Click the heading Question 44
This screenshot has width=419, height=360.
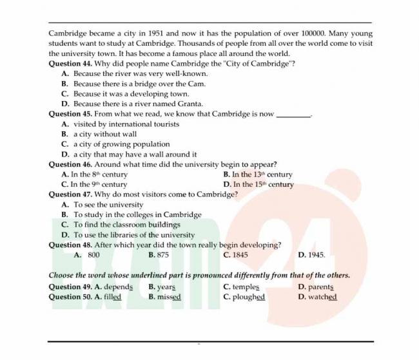click(70, 64)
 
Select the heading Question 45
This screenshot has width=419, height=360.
click(70, 114)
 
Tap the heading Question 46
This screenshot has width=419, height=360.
click(70, 164)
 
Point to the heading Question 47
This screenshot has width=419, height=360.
click(70, 194)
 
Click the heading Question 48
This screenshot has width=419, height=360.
click(70, 245)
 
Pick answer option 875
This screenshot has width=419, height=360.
click(162, 254)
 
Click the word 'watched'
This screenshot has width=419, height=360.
click(322, 297)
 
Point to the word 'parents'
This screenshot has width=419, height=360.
click(320, 287)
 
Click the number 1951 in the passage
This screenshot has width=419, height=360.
click(158, 33)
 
